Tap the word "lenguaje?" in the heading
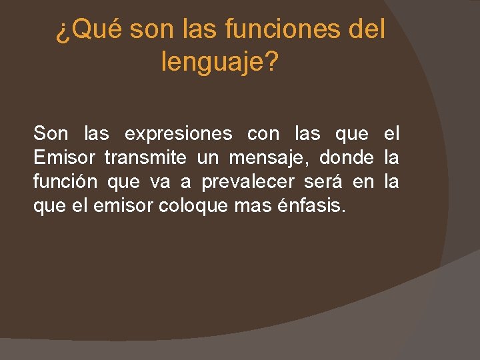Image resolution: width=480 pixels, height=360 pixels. (221, 63)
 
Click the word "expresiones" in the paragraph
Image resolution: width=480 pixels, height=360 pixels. (178, 134)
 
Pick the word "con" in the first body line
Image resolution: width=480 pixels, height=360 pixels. (263, 134)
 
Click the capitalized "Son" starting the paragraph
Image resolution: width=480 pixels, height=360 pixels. (51, 134)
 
